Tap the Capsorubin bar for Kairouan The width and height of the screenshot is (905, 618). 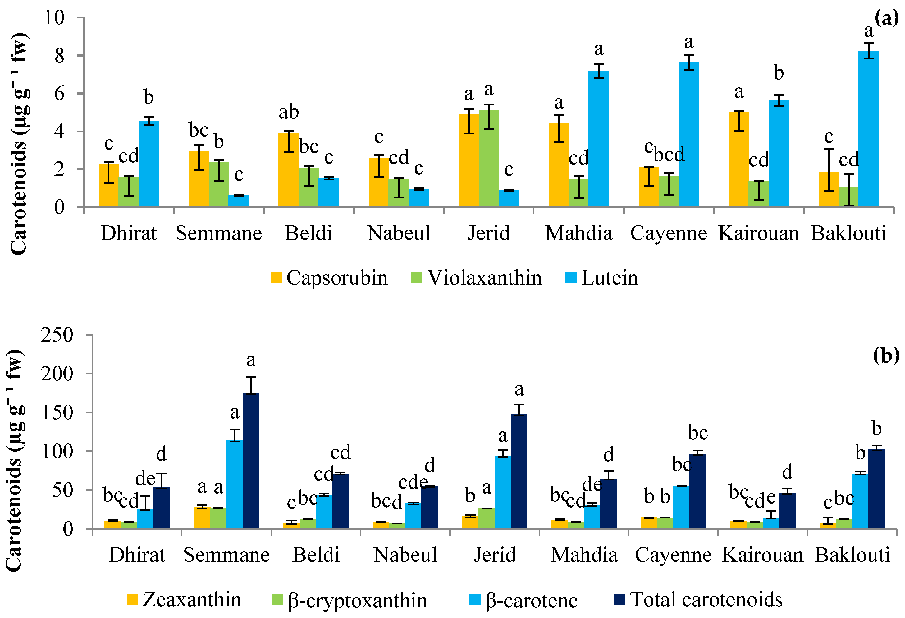click(x=738, y=160)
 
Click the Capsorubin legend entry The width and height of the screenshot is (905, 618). click(x=329, y=278)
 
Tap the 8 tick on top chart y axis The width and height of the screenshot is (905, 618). click(x=59, y=56)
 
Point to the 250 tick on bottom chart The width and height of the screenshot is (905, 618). click(x=57, y=335)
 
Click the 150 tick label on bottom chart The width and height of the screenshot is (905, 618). click(x=57, y=412)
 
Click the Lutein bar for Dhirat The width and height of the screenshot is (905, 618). click(x=148, y=164)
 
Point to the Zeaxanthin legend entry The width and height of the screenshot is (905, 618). click(x=184, y=599)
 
